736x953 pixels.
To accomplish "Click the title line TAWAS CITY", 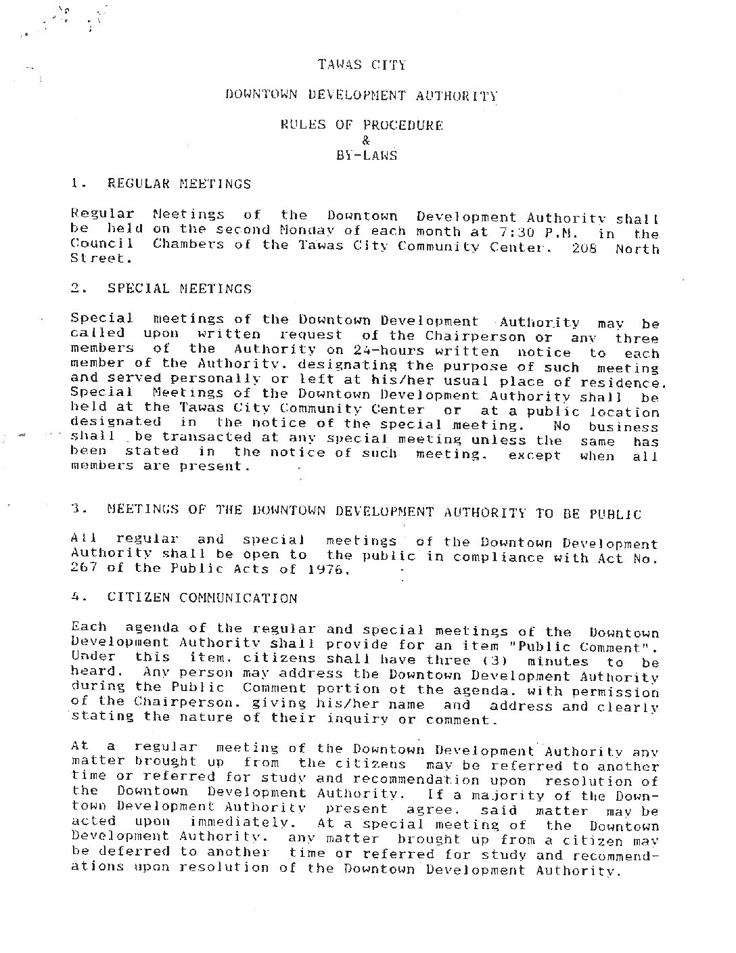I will tap(363, 65).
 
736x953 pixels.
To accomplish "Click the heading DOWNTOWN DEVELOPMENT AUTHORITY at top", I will tap(362, 95).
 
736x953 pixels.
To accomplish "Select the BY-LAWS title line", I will tap(366, 155).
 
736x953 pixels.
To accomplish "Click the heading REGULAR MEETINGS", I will tap(179, 183).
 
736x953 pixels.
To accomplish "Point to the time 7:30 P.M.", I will tap(538, 231).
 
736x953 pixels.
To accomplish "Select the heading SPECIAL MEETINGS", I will tap(179, 288).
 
